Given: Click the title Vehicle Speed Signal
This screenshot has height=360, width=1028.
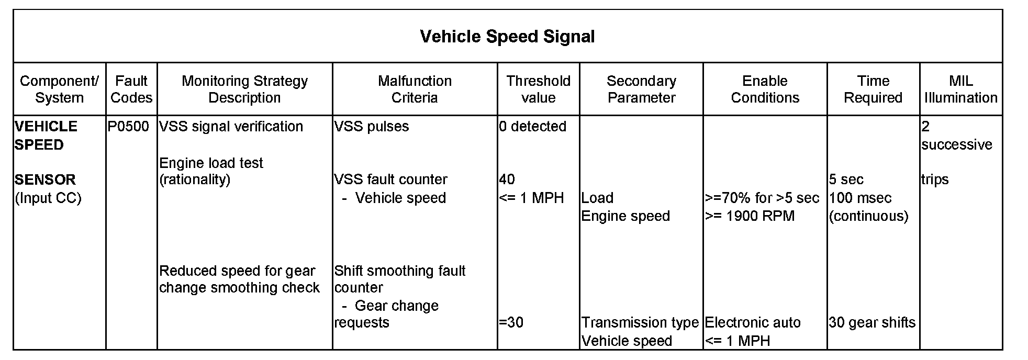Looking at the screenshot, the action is pyautogui.click(x=507, y=37).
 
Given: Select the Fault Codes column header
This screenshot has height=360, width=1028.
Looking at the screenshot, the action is pyautogui.click(x=131, y=89).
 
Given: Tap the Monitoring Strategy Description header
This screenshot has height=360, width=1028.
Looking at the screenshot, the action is pyautogui.click(x=244, y=89).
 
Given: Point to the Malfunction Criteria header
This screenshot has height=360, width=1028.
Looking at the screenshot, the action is pyautogui.click(x=415, y=89).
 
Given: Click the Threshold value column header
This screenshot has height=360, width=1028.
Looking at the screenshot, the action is pyautogui.click(x=538, y=89).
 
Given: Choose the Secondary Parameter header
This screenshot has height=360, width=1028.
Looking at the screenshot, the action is pyautogui.click(x=641, y=89).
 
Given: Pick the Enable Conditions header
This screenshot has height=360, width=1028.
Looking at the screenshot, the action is pyautogui.click(x=765, y=89).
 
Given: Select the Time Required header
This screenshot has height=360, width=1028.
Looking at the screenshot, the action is pyautogui.click(x=873, y=89).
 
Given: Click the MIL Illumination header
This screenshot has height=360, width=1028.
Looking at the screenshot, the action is pyautogui.click(x=960, y=89).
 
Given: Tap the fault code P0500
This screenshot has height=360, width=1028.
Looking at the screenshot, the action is pyautogui.click(x=128, y=127).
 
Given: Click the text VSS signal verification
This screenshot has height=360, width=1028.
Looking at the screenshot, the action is pyautogui.click(x=231, y=127).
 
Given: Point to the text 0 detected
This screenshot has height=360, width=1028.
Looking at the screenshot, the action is pyautogui.click(x=532, y=127).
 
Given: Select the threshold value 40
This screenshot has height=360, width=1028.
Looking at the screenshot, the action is pyautogui.click(x=507, y=179).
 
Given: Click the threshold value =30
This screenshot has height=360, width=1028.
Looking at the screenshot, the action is pyautogui.click(x=511, y=322).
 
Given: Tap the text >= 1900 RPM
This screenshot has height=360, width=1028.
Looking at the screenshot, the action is pyautogui.click(x=750, y=216).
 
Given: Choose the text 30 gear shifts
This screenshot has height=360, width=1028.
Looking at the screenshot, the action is pyautogui.click(x=872, y=322).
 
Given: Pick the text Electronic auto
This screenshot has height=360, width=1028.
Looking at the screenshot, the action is pyautogui.click(x=753, y=322).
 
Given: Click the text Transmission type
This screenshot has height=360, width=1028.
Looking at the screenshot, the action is pyautogui.click(x=640, y=322).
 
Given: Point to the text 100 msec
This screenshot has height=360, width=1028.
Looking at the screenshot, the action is pyautogui.click(x=860, y=198).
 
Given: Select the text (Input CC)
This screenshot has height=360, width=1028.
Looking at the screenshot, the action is pyautogui.click(x=48, y=198).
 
